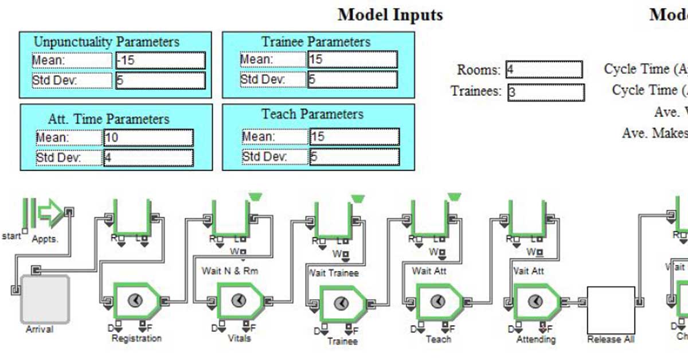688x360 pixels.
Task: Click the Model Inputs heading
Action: click(x=390, y=15)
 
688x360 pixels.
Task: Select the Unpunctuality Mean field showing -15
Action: click(x=161, y=60)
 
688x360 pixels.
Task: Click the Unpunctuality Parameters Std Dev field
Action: click(x=161, y=80)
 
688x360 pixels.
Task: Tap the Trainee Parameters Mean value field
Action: click(x=352, y=60)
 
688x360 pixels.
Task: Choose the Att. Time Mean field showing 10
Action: click(x=148, y=138)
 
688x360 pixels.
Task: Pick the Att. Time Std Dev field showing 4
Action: click(x=148, y=158)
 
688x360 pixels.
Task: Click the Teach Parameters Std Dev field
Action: click(x=354, y=156)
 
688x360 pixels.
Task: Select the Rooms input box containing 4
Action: click(x=544, y=70)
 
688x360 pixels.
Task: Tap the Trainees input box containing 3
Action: click(x=546, y=92)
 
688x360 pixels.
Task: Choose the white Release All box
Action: click(x=611, y=310)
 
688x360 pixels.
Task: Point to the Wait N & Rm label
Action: click(x=230, y=270)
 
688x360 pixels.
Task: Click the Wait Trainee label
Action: click(x=334, y=273)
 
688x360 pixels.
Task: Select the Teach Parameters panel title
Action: click(x=312, y=114)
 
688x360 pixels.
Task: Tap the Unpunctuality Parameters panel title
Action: click(x=107, y=42)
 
